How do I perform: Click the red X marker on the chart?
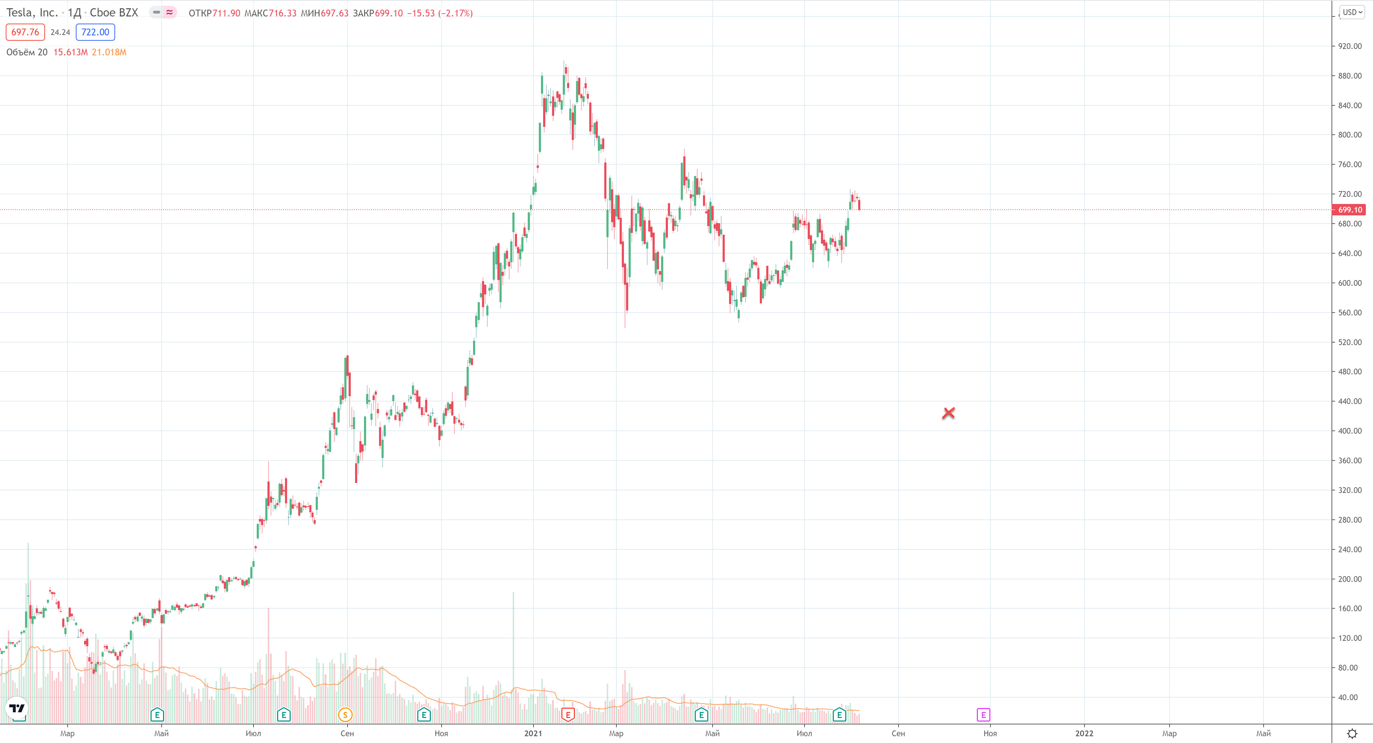click(x=948, y=413)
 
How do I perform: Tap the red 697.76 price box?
click(x=25, y=32)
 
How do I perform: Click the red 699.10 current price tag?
click(x=1349, y=210)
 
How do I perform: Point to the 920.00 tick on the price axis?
click(x=1349, y=46)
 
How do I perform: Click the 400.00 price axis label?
click(x=1349, y=431)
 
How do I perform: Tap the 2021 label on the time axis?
click(x=533, y=733)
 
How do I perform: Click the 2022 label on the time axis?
click(x=1084, y=733)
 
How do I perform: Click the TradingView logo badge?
click(x=17, y=708)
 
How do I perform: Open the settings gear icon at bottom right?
click(x=1352, y=733)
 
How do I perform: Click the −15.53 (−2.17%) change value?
click(x=440, y=13)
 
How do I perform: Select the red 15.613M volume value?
click(x=70, y=52)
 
